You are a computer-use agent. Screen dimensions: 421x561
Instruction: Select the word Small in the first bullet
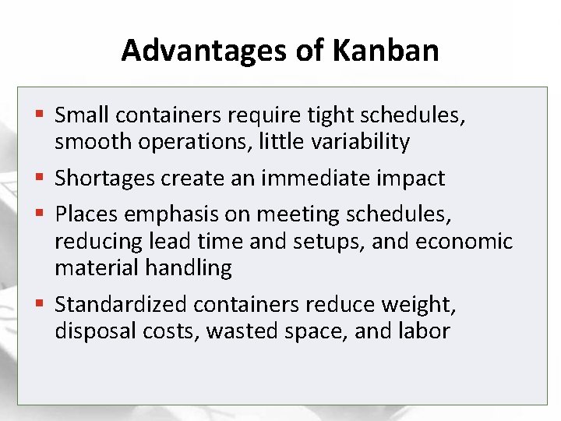click(83, 116)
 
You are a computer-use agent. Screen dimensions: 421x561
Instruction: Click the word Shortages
click(104, 178)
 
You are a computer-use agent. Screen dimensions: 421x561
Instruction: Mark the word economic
click(464, 242)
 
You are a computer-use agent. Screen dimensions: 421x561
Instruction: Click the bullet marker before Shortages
click(41, 179)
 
